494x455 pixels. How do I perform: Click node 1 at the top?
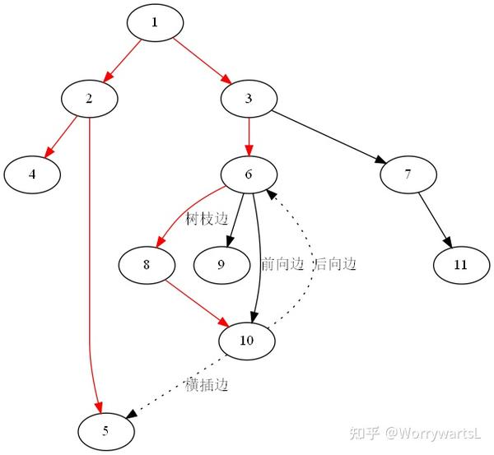click(154, 22)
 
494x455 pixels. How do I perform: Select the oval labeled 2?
click(89, 98)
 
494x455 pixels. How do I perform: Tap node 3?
click(249, 98)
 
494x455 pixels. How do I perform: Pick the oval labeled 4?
click(32, 174)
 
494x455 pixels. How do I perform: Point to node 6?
click(249, 174)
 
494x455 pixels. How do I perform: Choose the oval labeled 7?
click(408, 174)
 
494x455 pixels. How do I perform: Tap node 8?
click(147, 264)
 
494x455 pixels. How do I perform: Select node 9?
click(221, 264)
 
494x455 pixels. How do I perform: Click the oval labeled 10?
click(247, 341)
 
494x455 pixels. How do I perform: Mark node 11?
click(460, 264)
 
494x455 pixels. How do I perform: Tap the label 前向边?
click(282, 264)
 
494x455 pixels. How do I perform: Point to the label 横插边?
click(206, 384)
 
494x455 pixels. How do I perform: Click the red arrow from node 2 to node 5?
click(89, 272)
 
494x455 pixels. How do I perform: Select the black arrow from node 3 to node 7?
click(329, 136)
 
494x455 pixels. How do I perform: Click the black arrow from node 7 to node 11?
click(435, 219)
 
